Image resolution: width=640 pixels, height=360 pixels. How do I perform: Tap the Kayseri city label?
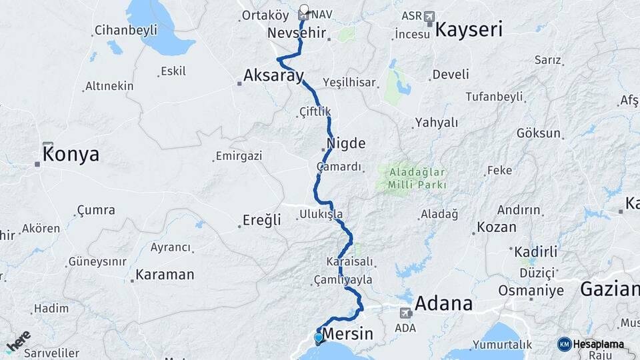pos(469,29)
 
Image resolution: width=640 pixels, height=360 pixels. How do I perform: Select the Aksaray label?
pos(273,75)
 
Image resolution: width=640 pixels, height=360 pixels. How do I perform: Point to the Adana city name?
pos(443,304)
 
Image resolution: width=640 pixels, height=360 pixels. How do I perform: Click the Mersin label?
pos(347,333)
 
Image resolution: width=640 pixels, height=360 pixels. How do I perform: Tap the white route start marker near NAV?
pos(304,9)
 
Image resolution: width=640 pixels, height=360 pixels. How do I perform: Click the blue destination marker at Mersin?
pos(318,338)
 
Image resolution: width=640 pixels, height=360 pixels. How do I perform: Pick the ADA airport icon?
pos(405,313)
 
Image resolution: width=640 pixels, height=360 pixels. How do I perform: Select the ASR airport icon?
pos(428,16)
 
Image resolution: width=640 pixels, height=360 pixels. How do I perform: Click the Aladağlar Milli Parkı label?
pos(414,178)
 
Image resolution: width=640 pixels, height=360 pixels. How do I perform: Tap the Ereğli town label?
pos(261,221)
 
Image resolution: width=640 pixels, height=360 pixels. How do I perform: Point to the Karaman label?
pos(165,275)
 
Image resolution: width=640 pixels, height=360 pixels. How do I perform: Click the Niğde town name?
pos(346,143)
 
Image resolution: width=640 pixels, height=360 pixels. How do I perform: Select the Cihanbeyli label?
pos(126,30)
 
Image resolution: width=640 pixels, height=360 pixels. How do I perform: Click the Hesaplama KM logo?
pos(591,344)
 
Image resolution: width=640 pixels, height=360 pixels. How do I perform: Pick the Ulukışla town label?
pos(321,214)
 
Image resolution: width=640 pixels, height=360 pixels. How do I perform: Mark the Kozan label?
pos(497,227)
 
